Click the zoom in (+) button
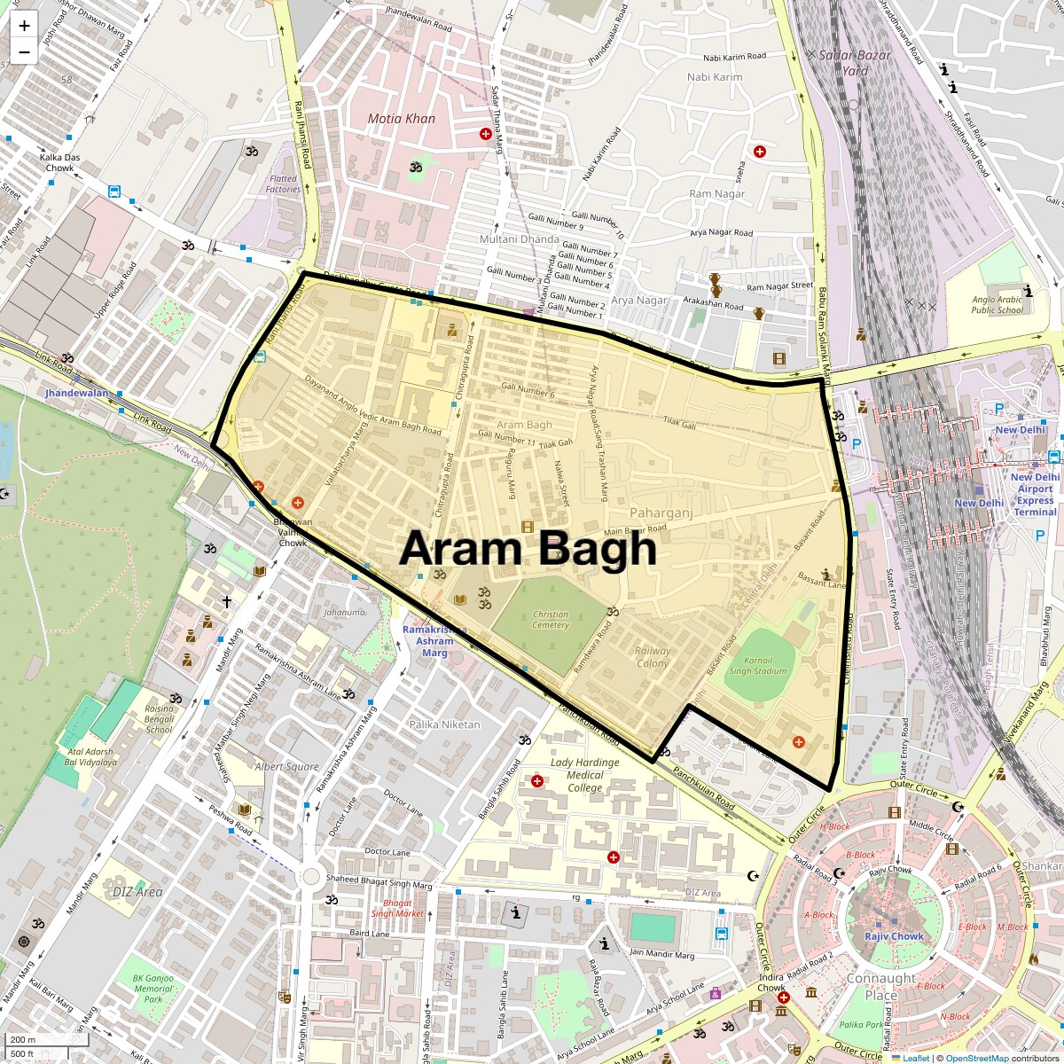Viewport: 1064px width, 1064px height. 24,25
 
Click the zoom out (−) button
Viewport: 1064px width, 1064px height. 24,51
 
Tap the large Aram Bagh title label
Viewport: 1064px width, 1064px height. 528,549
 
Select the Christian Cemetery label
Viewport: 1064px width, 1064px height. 551,620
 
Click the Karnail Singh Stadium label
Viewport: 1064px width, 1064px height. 757,666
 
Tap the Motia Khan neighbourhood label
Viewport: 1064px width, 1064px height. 402,119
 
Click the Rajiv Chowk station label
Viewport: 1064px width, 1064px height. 895,936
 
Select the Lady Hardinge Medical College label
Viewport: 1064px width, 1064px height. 584,775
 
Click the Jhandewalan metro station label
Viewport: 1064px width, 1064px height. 77,393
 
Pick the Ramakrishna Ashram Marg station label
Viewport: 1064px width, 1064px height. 434,641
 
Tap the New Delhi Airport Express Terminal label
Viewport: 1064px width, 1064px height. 1035,494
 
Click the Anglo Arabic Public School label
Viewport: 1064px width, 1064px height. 997,305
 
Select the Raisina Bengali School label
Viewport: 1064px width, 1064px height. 160,719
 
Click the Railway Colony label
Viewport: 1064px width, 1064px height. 653,657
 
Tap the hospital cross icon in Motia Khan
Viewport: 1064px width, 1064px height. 486,134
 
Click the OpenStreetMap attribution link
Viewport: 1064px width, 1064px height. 976,1058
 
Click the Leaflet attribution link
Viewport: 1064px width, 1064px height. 916,1058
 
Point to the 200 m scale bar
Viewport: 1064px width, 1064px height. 25,1040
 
